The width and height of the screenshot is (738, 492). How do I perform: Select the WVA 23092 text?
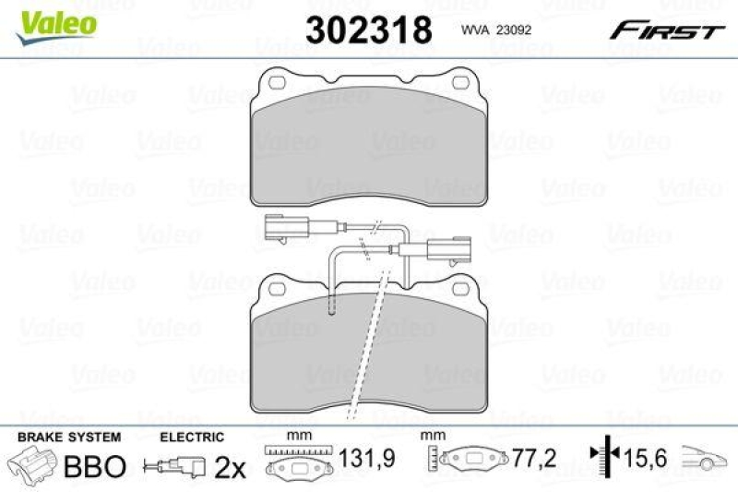[x=494, y=30]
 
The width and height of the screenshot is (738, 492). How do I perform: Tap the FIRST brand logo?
[x=665, y=31]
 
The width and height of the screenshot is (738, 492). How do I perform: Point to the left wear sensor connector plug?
[x=277, y=225]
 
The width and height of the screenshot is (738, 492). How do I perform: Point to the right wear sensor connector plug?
[x=451, y=249]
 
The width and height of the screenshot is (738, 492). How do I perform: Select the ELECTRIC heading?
[x=192, y=436]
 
